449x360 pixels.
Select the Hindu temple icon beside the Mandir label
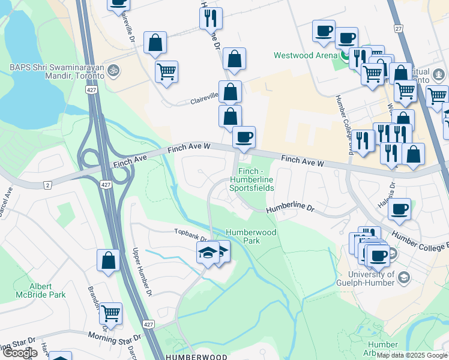(x=114, y=71)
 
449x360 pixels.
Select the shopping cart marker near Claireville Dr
(x=166, y=71)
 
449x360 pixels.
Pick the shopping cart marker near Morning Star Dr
(x=110, y=312)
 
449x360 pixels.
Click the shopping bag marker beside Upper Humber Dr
(x=109, y=260)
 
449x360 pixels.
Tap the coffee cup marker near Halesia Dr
(x=399, y=209)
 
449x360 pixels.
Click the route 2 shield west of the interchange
(x=47, y=185)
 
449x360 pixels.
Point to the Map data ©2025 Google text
(x=412, y=355)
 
